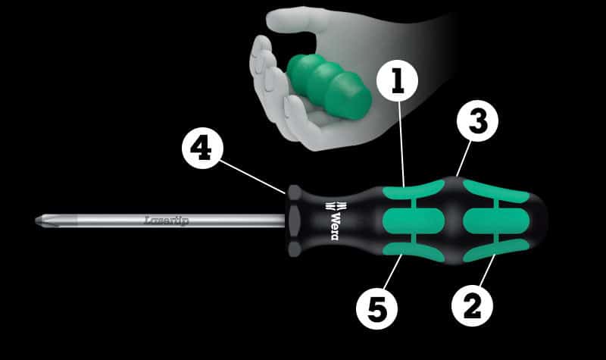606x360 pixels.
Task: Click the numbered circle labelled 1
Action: [x=397, y=81]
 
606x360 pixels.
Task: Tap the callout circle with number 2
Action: [x=472, y=306]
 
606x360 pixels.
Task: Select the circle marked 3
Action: [x=477, y=121]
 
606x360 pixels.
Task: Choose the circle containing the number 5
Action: [x=376, y=309]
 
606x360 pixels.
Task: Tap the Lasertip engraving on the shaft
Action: [x=167, y=221]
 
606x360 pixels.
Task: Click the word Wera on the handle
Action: [x=336, y=226]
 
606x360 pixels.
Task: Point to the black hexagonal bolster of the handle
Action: [x=295, y=221]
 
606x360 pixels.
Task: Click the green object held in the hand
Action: [x=330, y=86]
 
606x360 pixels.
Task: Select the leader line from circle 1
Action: [x=401, y=144]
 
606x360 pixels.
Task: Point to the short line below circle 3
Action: [x=464, y=159]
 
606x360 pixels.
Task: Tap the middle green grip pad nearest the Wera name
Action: [x=414, y=221]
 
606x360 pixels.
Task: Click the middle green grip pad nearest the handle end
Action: [x=496, y=221]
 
